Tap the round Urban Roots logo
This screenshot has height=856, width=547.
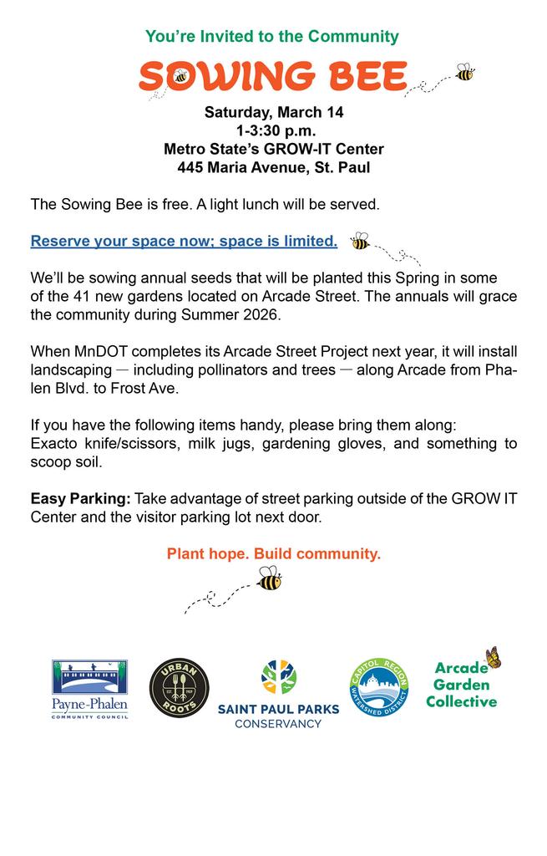tap(179, 687)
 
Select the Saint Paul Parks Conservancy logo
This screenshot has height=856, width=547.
tap(278, 695)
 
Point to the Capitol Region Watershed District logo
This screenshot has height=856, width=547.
tap(378, 688)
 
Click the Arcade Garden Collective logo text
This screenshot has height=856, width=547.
tap(460, 685)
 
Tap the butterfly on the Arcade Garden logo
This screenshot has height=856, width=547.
tap(493, 658)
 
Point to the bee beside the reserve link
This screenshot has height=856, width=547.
tap(360, 241)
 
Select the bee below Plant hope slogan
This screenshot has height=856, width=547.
tap(269, 578)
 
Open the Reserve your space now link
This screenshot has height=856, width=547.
tap(184, 242)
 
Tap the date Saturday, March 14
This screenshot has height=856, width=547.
tap(274, 113)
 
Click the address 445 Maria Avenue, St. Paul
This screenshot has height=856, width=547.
tap(274, 168)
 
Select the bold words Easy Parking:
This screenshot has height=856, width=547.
tap(80, 498)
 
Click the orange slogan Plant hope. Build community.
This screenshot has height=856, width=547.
tap(274, 553)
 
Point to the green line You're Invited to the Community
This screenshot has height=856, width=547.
tap(272, 37)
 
